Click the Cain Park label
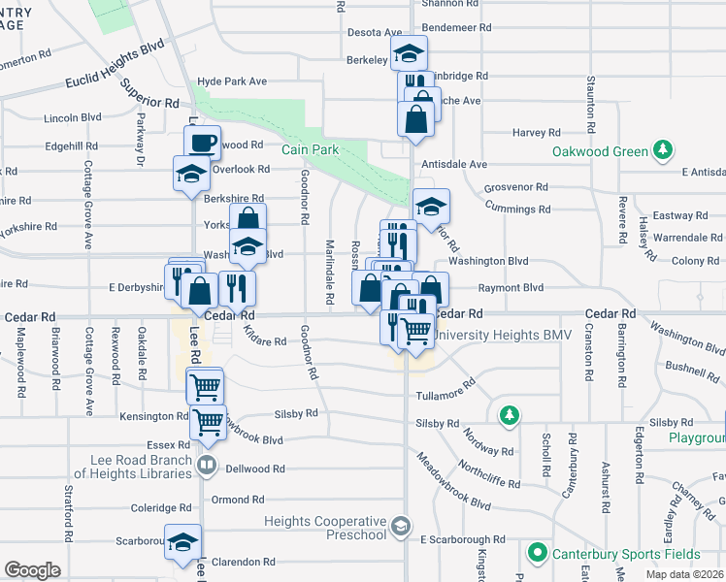pos(311,149)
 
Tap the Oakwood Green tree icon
pos(663,150)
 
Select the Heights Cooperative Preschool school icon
pos(400,525)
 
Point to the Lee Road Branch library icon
pos(206,466)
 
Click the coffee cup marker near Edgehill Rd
pos(203,143)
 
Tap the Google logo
pos(32,570)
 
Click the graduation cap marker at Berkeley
pos(409,52)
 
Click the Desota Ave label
pos(375,32)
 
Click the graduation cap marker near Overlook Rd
pos(191,174)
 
